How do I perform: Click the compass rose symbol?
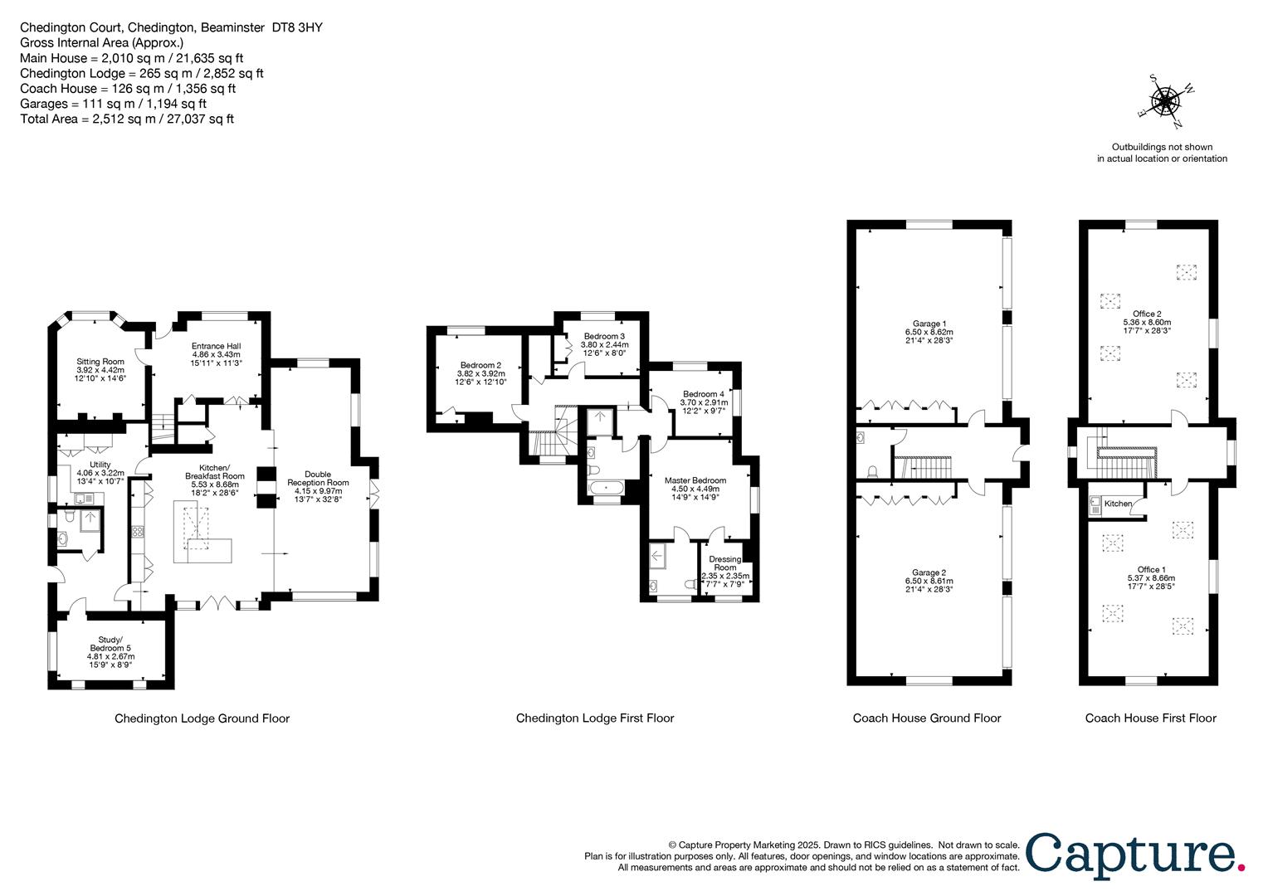click(1166, 102)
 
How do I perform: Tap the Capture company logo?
click(1135, 852)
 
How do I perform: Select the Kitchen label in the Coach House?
click(1118, 504)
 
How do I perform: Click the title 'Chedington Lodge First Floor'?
click(595, 718)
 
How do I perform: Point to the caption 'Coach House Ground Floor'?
click(927, 718)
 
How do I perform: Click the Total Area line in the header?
click(127, 119)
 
